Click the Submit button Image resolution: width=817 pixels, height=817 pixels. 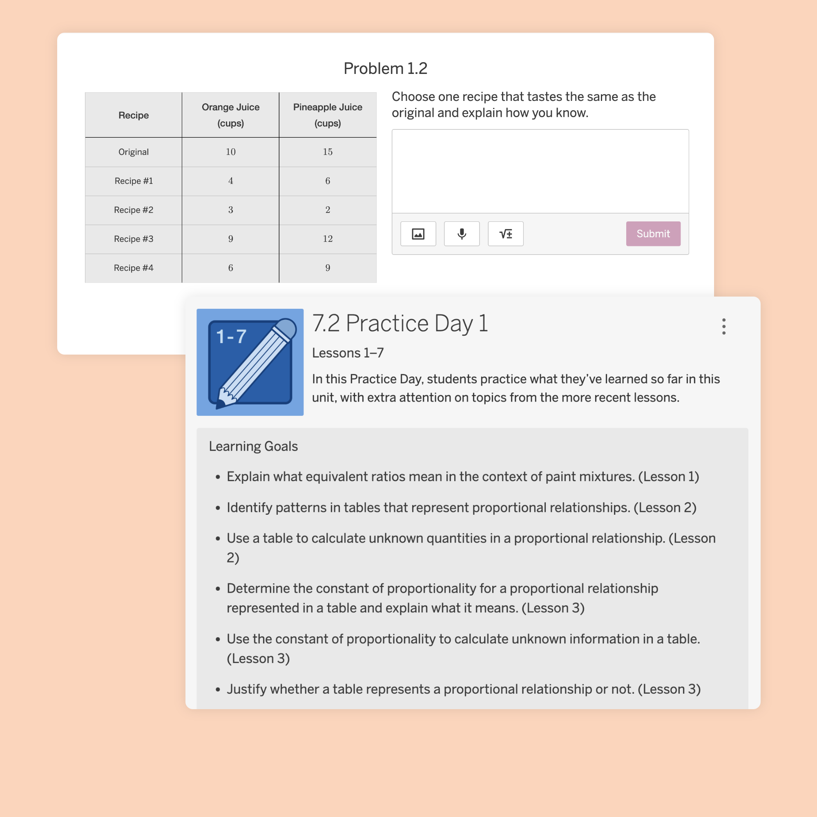point(653,234)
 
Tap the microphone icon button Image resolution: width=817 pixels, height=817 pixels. point(462,234)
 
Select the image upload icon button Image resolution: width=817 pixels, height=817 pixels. point(418,234)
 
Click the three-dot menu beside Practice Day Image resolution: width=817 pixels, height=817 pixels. point(723,326)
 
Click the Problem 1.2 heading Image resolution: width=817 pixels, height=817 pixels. point(385,69)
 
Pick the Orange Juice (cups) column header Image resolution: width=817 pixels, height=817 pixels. point(230,115)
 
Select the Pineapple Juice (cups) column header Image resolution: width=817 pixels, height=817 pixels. point(328,115)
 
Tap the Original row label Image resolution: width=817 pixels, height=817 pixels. point(133,152)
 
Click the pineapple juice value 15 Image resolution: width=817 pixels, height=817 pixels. point(328,152)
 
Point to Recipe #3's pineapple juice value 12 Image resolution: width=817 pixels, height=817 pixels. point(328,239)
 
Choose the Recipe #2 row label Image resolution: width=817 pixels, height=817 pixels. point(133,210)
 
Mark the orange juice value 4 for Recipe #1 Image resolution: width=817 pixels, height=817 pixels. point(230,181)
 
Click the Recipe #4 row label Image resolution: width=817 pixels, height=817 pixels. point(133,268)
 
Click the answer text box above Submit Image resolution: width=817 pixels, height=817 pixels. point(540,171)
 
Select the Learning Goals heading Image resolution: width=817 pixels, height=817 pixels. point(253,446)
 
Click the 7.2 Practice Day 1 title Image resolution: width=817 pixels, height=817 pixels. point(400,324)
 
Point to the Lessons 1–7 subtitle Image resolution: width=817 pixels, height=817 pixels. point(348,353)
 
